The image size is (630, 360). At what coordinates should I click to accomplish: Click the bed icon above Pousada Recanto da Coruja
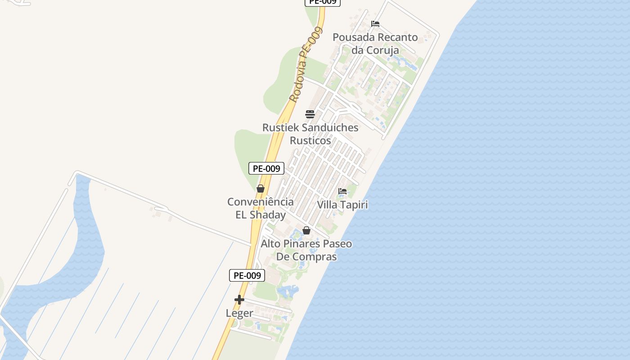[x=375, y=24]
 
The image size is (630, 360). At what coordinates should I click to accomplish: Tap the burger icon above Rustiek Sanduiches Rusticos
[x=310, y=114]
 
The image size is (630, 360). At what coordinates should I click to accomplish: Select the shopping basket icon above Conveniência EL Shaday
[x=261, y=189]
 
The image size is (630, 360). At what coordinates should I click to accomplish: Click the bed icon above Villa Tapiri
[x=342, y=191]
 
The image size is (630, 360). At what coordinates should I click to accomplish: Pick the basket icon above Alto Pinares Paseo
[x=306, y=230]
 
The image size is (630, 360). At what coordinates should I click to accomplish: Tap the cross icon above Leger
[x=239, y=299]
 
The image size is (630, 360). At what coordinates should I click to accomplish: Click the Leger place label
[x=239, y=313]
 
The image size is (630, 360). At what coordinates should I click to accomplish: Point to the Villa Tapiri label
[x=342, y=205]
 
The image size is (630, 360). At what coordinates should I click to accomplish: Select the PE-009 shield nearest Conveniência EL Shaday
[x=266, y=169]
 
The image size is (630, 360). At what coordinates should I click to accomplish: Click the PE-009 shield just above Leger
[x=247, y=275]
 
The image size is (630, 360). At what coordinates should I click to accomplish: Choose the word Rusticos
[x=310, y=140]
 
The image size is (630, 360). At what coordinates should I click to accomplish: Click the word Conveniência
[x=260, y=202]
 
